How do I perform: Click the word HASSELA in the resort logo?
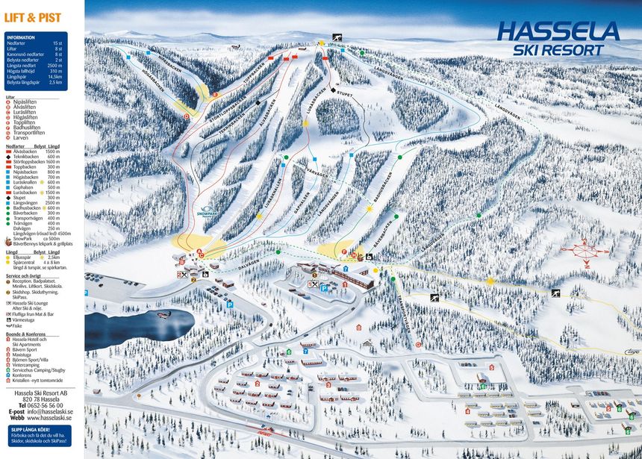(558, 31)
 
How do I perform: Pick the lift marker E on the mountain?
(214, 95)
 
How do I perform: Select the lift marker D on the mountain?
(187, 116)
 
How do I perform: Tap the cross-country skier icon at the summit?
(337, 38)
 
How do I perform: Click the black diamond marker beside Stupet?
(332, 90)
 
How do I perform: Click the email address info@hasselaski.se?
(54, 411)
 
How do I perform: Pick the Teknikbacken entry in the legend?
(25, 156)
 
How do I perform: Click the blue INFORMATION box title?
(20, 37)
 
